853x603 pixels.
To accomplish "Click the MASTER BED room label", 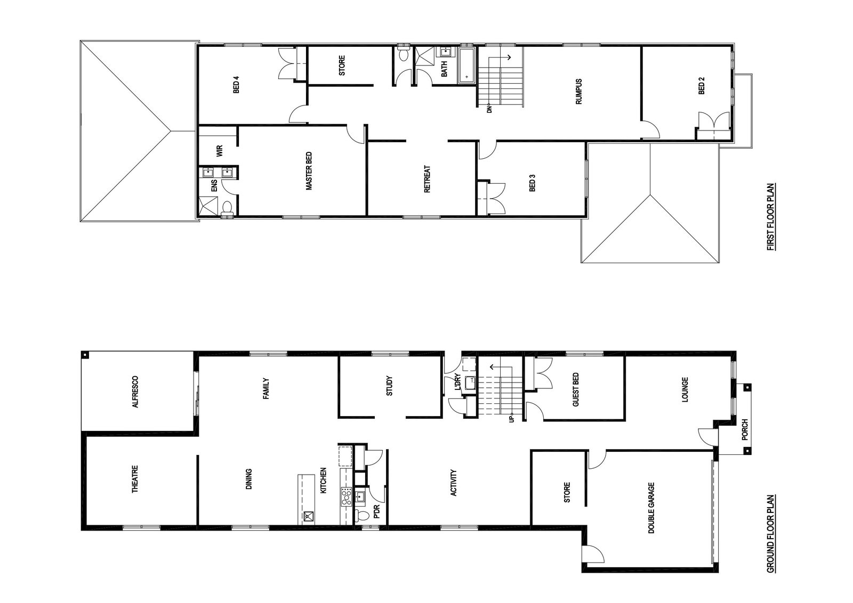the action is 309,171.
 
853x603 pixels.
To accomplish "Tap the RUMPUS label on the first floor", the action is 579,92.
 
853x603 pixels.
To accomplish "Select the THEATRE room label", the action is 135,479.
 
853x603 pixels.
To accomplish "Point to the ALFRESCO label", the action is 135,392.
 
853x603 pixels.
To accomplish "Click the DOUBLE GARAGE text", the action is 651,508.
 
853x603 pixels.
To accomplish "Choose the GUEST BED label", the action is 575,389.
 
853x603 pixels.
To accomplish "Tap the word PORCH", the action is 745,429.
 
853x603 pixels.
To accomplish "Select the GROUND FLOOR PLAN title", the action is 771,539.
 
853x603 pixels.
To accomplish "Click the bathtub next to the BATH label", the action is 467,65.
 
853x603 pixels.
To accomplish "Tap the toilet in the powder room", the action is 362,516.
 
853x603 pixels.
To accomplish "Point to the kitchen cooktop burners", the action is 346,496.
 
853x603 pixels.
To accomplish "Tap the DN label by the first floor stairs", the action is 490,109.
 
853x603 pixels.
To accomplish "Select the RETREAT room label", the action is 427,179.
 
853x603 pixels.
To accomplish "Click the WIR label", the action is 219,151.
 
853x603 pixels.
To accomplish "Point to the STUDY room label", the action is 389,386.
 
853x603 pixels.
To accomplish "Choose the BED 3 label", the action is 533,183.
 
